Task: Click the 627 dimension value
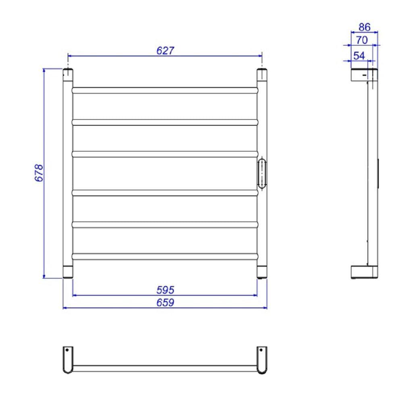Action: (x=165, y=51)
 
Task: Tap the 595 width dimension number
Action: (x=165, y=290)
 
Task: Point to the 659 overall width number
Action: (x=165, y=302)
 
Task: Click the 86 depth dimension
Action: (x=364, y=27)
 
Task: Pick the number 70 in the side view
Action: (x=362, y=40)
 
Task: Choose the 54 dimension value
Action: (x=359, y=56)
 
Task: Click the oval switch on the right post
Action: (x=262, y=173)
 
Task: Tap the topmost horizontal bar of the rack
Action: (x=164, y=90)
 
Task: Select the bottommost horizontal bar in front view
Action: (x=164, y=256)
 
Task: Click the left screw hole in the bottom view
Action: (x=67, y=350)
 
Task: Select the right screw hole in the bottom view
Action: (x=260, y=350)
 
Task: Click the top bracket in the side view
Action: (x=364, y=75)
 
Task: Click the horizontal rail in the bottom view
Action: (x=164, y=368)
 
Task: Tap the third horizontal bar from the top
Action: (x=164, y=154)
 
